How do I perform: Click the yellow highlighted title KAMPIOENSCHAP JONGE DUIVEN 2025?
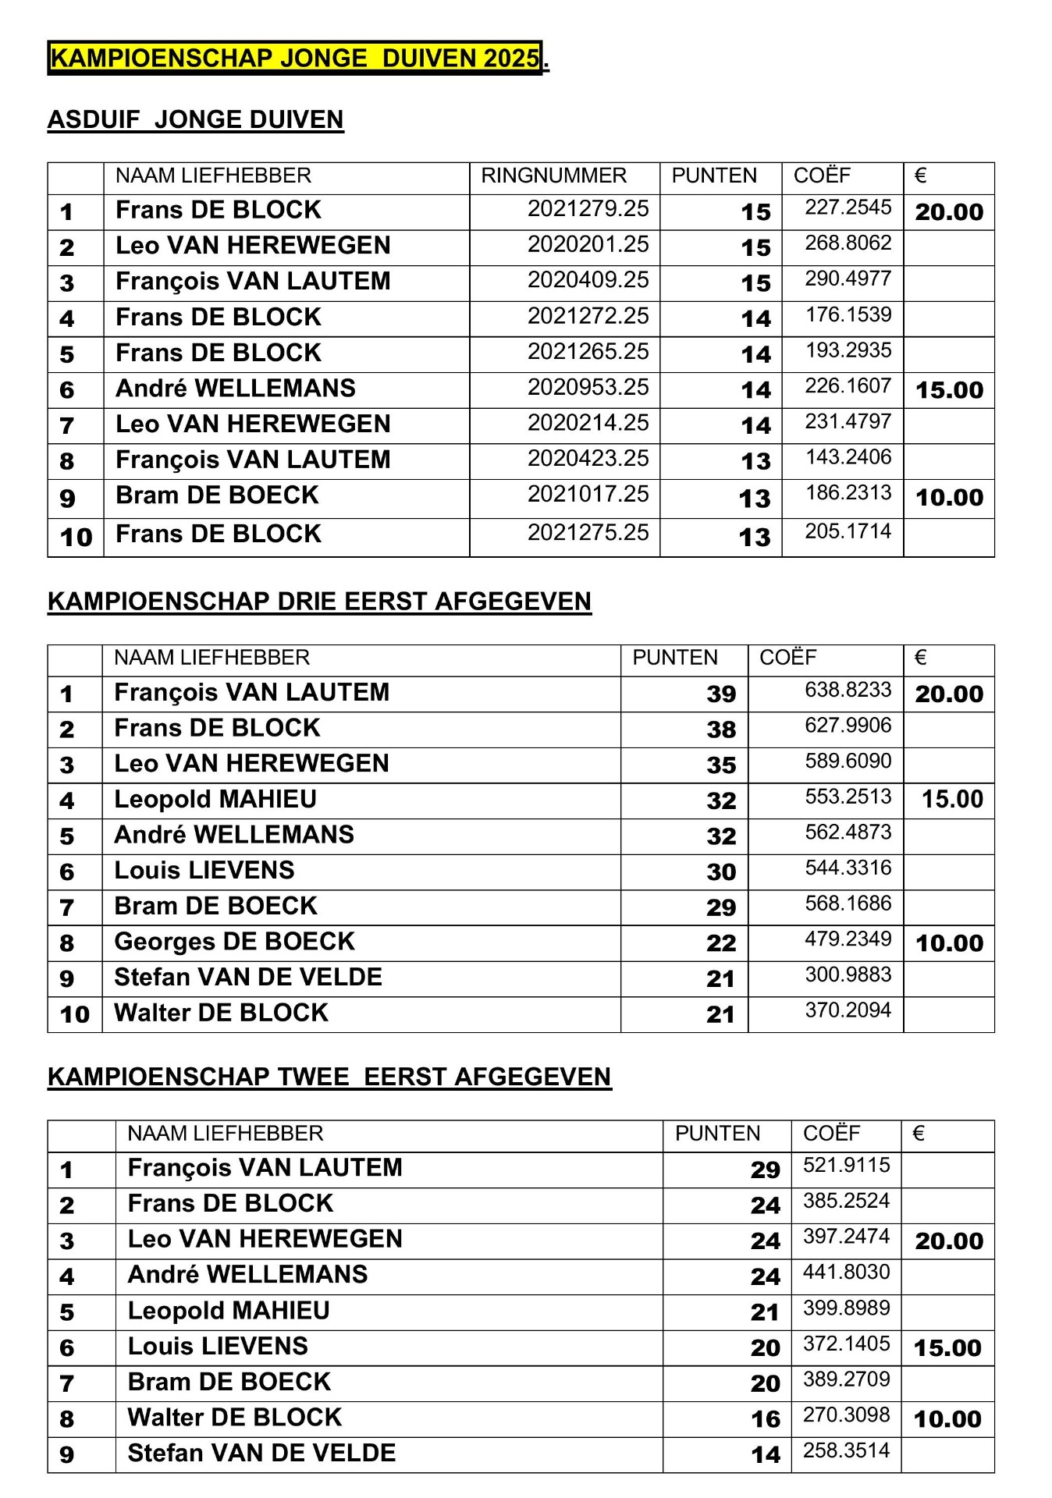pos(295,59)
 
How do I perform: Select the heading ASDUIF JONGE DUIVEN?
pos(195,119)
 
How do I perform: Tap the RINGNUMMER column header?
pos(553,176)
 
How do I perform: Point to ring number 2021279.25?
pos(588,209)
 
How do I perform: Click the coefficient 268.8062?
pos(848,243)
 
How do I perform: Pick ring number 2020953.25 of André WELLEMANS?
pos(588,387)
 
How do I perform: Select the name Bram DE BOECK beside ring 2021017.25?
pos(217,495)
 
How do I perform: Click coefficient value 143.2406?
pos(848,456)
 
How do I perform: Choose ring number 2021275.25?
pos(588,532)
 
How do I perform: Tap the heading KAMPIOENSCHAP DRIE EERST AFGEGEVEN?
pos(319,602)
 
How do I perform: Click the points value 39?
pos(721,694)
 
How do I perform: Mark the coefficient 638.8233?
pos(848,690)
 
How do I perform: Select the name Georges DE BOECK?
pos(234,941)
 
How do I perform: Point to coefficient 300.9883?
pos(848,974)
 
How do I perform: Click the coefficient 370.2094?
pos(848,1010)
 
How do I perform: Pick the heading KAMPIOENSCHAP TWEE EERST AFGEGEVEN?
pos(329,1077)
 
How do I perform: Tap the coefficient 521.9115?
pos(846,1166)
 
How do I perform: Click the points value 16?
pos(765,1419)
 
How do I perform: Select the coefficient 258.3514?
pos(846,1450)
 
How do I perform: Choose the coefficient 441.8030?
pos(846,1273)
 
